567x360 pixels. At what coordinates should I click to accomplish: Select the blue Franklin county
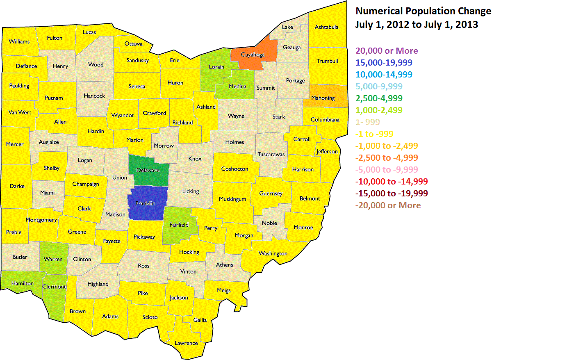coord(148,203)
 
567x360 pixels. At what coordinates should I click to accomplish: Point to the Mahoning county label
coord(323,98)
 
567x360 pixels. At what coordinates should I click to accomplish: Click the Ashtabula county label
coord(326,27)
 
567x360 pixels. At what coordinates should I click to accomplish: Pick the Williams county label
coord(19,41)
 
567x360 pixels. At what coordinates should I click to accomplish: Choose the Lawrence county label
coord(186,343)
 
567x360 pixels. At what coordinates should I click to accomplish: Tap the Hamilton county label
coord(23,283)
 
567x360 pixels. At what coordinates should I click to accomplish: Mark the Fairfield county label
coord(179,225)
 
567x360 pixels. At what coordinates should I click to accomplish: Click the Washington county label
coord(273,253)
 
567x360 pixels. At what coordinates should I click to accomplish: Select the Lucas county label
coord(89,32)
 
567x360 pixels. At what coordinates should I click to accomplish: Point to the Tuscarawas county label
coord(271,155)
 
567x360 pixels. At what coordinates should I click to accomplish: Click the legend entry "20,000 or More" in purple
coord(387,51)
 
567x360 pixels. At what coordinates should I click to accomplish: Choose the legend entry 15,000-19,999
coord(384,63)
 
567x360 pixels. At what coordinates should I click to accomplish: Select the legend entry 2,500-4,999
coord(379,98)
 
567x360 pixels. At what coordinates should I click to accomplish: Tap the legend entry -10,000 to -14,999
coord(392,182)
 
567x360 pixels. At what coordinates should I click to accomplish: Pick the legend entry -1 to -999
coord(374,134)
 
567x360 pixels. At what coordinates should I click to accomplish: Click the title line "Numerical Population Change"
coord(423,11)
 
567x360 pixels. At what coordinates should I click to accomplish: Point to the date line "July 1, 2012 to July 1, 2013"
coord(417,25)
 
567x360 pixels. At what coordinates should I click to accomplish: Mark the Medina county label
coord(238,87)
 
